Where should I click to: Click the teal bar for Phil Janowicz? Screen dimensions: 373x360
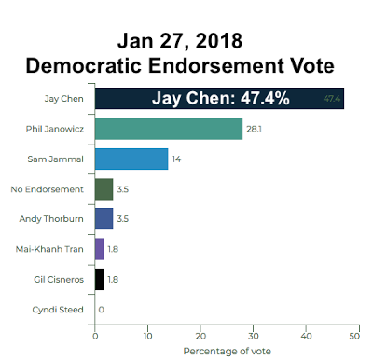coord(169,129)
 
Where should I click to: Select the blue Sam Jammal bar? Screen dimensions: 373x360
coord(131,159)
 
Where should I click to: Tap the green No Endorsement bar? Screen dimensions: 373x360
coord(104,189)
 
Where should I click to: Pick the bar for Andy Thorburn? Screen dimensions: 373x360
coord(104,219)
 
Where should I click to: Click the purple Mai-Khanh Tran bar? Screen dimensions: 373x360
coord(100,249)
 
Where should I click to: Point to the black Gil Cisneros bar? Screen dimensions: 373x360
coord(100,279)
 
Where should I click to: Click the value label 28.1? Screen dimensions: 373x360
coord(254,129)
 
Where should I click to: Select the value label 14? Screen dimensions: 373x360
coord(176,159)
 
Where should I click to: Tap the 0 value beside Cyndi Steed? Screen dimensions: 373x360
coord(102,310)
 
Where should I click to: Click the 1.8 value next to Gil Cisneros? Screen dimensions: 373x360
coord(113,280)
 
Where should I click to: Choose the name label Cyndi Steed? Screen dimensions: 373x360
coord(58,310)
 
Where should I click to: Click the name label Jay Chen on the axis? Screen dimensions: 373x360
coord(63,99)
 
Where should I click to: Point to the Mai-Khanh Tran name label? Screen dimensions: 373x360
coord(49,249)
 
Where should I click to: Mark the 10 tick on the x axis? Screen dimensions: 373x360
coord(148,336)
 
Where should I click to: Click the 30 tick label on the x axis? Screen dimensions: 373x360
coord(254,336)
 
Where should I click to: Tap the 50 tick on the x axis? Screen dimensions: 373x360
coord(354,336)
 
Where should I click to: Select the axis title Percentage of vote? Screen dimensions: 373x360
coord(227,352)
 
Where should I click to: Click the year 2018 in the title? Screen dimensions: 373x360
coord(219,41)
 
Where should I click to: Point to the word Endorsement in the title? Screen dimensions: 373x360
coord(215,65)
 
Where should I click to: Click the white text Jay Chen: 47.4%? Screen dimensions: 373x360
coord(221,98)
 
